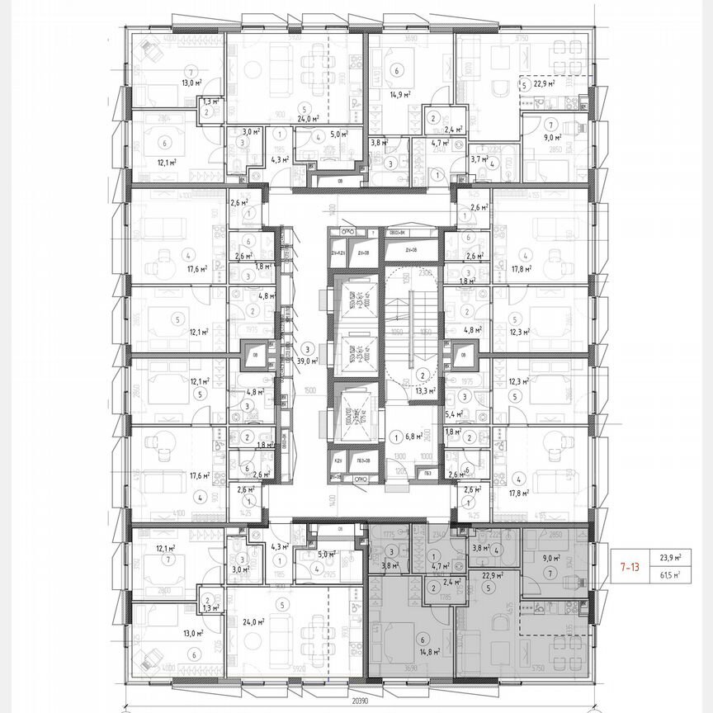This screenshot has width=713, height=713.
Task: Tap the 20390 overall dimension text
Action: [x=356, y=701]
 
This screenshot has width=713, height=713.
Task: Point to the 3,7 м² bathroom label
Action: [x=480, y=159]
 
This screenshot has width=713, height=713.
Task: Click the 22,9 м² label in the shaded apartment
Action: [x=493, y=575]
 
